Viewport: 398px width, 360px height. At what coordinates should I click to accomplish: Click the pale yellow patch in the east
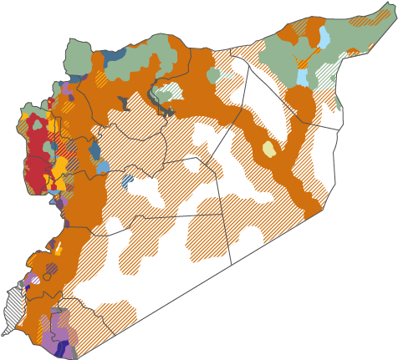tap(268, 150)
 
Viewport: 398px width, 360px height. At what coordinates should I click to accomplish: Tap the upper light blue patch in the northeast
tap(324, 38)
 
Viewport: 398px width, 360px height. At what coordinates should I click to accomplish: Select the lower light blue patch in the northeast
tap(303, 78)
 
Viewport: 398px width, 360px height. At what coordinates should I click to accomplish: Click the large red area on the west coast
tap(35, 155)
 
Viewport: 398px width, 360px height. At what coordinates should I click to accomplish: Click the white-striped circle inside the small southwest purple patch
tap(33, 280)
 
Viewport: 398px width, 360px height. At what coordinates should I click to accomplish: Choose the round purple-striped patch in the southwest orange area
tap(52, 269)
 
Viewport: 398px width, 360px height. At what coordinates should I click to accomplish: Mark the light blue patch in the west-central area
tap(102, 167)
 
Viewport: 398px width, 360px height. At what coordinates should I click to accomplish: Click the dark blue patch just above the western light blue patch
tap(94, 150)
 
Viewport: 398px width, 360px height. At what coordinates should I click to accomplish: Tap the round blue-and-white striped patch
tap(127, 180)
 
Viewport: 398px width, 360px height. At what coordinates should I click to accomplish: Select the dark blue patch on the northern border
tap(115, 54)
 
